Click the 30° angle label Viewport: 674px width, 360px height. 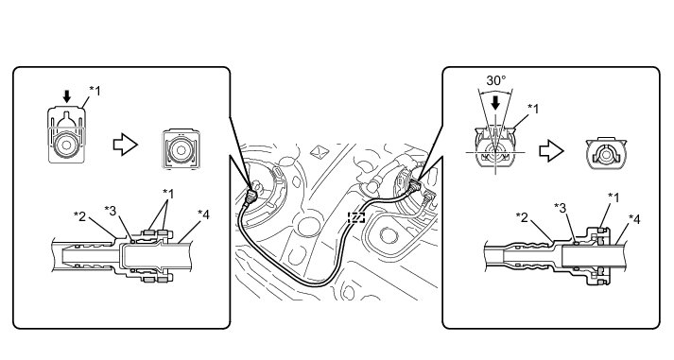pos(495,80)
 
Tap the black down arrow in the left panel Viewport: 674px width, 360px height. pos(66,96)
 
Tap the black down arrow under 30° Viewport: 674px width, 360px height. pos(495,103)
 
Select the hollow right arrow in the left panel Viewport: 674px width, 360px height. pos(125,145)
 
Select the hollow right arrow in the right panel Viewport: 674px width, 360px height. pos(551,151)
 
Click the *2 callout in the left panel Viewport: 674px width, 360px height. pos(80,216)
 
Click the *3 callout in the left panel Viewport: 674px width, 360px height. pos(111,211)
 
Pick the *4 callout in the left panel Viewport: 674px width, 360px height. pos(203,214)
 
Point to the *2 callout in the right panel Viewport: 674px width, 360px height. pos(522,217)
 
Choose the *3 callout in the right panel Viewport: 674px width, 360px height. pos(560,208)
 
